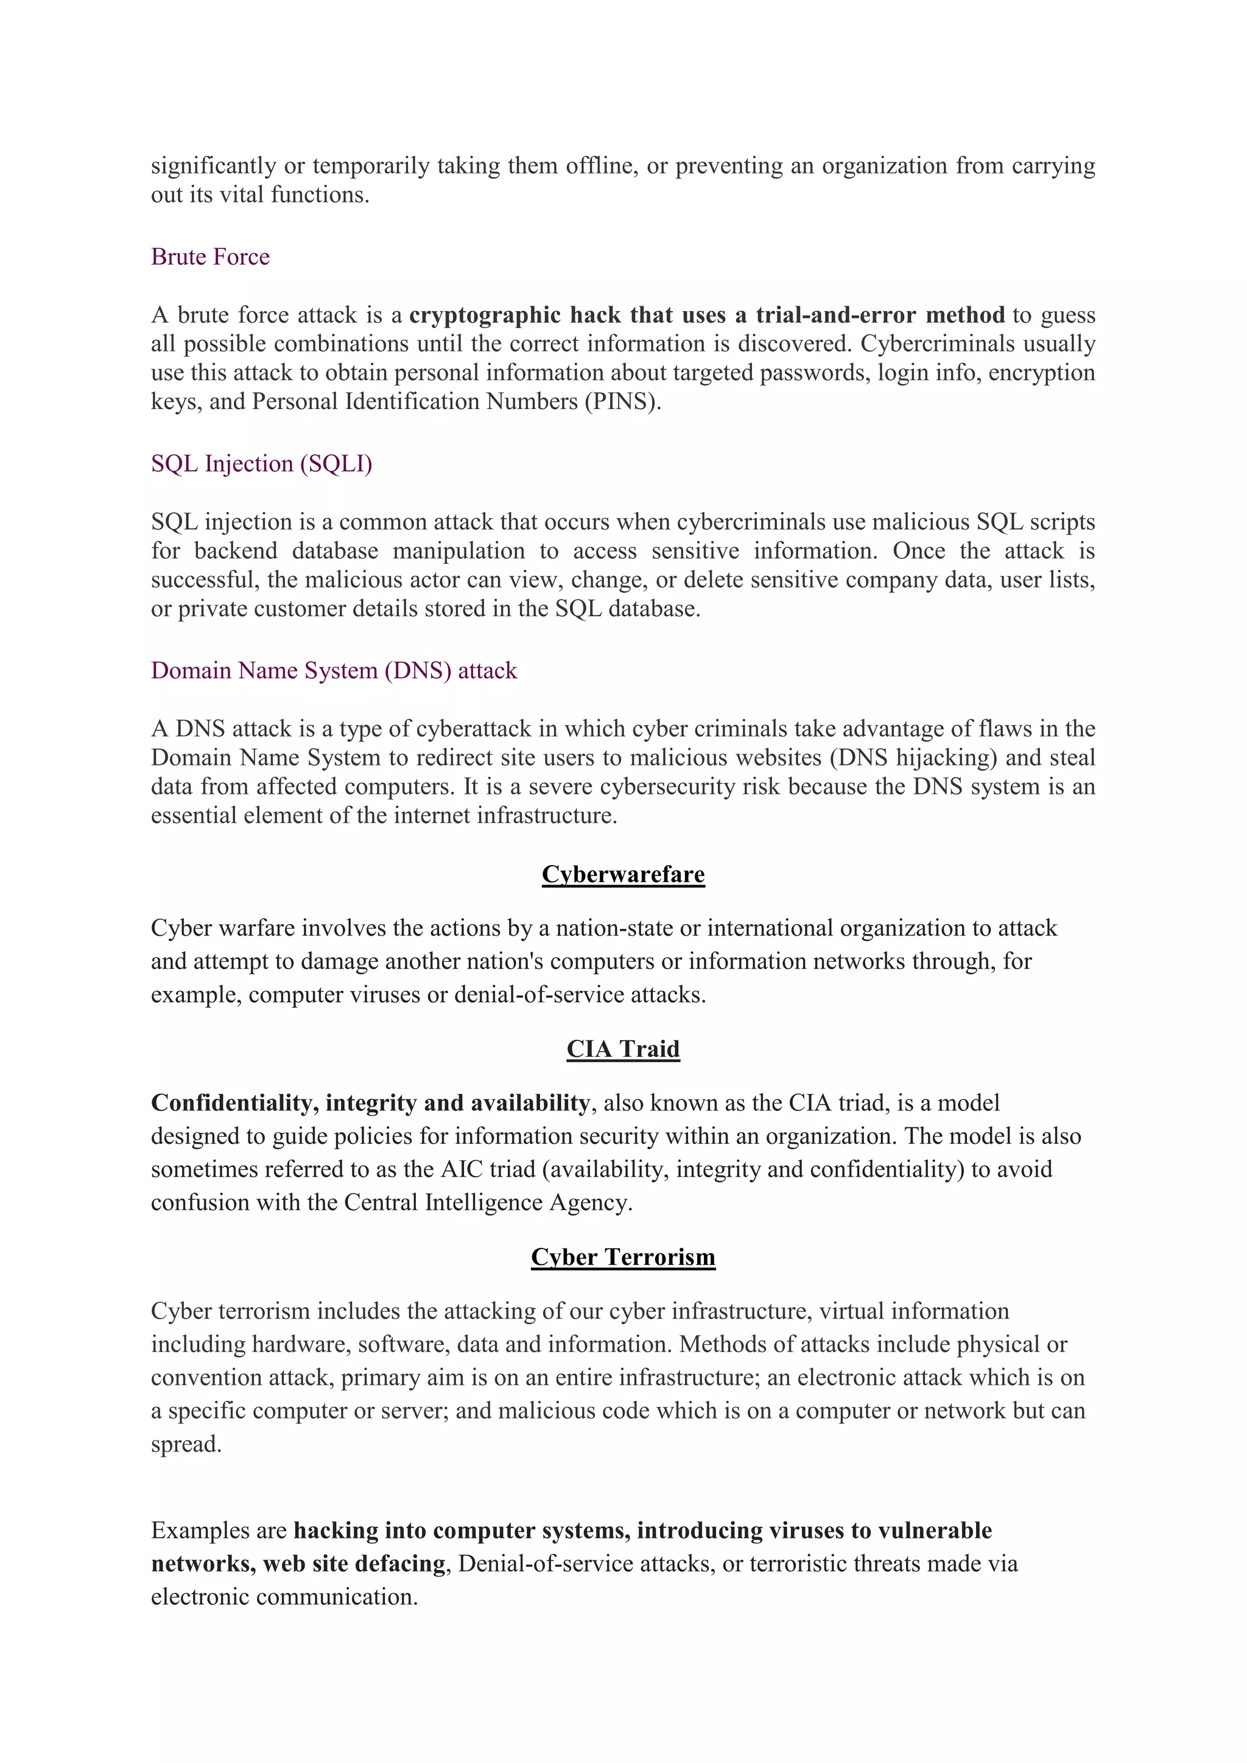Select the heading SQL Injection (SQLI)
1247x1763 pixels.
pos(261,464)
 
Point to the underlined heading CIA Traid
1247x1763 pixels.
pos(623,1049)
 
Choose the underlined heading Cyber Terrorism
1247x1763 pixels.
pos(623,1257)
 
